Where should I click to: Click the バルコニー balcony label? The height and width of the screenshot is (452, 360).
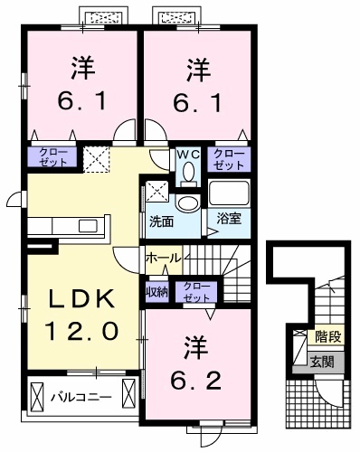point(81,396)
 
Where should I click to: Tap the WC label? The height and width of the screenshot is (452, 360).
point(187,154)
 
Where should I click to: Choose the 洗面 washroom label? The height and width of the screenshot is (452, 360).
point(162,221)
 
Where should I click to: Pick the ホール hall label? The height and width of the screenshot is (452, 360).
point(164,258)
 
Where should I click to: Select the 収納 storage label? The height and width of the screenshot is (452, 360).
point(156,292)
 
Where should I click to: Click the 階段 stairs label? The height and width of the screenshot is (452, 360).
point(328,336)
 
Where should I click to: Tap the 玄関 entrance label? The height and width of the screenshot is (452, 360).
point(323,361)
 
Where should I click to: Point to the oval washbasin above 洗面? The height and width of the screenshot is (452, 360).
point(188,202)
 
